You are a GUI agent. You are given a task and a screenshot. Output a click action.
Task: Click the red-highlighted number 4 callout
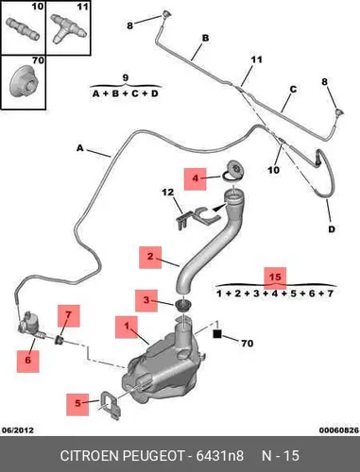click(196, 178)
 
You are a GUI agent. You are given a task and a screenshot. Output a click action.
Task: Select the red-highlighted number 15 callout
click(275, 278)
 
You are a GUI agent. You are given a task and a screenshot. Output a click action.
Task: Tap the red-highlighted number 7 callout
click(68, 315)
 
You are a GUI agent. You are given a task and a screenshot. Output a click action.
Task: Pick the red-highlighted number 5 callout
click(77, 404)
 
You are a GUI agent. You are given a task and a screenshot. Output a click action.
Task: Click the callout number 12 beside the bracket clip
click(168, 192)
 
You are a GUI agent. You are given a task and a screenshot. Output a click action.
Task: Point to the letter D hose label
click(332, 229)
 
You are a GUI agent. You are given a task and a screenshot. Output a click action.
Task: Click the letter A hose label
click(80, 148)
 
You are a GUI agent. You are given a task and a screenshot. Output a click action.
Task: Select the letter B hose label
click(205, 39)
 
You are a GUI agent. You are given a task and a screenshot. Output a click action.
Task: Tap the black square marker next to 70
click(217, 334)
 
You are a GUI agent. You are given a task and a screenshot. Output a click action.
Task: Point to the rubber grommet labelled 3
click(181, 306)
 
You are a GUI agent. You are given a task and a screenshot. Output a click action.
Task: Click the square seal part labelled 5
click(111, 405)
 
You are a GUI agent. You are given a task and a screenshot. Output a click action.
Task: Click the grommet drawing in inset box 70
click(23, 82)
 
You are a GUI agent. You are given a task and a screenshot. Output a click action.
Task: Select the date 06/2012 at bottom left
click(18, 430)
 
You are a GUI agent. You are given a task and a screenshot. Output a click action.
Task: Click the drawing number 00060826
click(339, 430)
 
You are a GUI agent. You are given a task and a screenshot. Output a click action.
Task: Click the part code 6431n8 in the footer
click(220, 455)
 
